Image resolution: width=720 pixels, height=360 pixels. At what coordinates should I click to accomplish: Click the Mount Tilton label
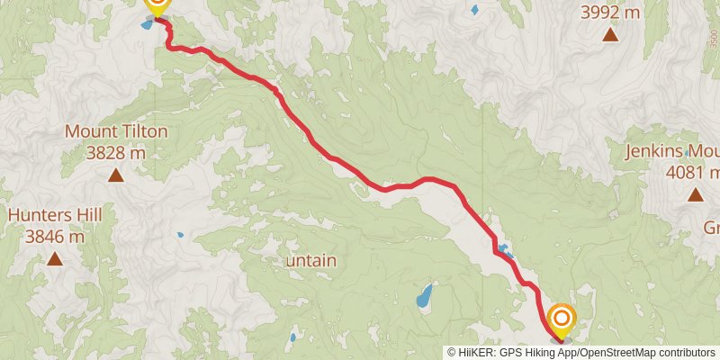click(x=116, y=131)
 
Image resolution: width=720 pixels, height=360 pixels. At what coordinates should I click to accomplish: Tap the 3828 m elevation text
click(x=116, y=152)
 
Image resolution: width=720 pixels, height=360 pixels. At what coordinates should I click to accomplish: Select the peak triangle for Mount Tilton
click(x=116, y=175)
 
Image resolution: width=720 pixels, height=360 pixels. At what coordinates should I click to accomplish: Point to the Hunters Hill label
click(x=55, y=216)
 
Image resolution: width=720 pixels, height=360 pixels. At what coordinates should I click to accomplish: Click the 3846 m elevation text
click(x=55, y=237)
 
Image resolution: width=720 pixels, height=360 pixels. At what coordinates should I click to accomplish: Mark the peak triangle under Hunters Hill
click(x=55, y=260)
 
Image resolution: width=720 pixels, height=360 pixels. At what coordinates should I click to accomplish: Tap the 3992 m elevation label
click(x=610, y=13)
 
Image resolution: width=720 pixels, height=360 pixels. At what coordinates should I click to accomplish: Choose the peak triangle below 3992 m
click(x=610, y=35)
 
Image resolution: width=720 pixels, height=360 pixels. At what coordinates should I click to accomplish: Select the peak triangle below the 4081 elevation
click(x=696, y=194)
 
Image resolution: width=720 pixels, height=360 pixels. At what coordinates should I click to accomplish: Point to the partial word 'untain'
click(x=311, y=260)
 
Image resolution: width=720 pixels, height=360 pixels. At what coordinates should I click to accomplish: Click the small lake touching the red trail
click(x=505, y=250)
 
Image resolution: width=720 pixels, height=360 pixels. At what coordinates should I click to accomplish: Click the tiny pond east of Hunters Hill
click(x=180, y=236)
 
